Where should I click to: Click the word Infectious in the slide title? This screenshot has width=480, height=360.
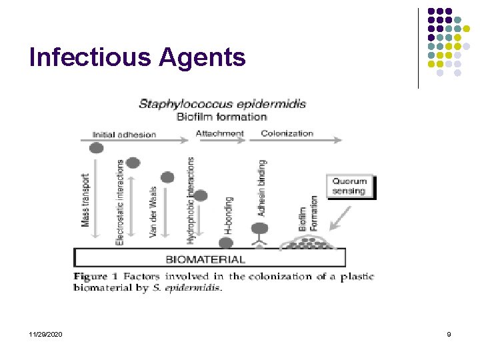(90, 58)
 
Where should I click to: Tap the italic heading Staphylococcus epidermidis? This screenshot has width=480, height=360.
(222, 103)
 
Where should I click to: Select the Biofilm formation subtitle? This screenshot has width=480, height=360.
(221, 117)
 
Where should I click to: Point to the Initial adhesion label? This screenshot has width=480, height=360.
(124, 134)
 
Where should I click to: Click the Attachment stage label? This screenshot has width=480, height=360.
(220, 133)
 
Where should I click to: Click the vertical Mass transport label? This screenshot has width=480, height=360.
(86, 199)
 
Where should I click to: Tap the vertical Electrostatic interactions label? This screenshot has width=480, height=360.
(120, 201)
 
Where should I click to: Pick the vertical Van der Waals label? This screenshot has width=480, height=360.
(153, 212)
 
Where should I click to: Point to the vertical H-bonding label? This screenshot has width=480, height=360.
(229, 219)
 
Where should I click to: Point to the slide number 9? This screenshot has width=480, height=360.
(449, 334)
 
